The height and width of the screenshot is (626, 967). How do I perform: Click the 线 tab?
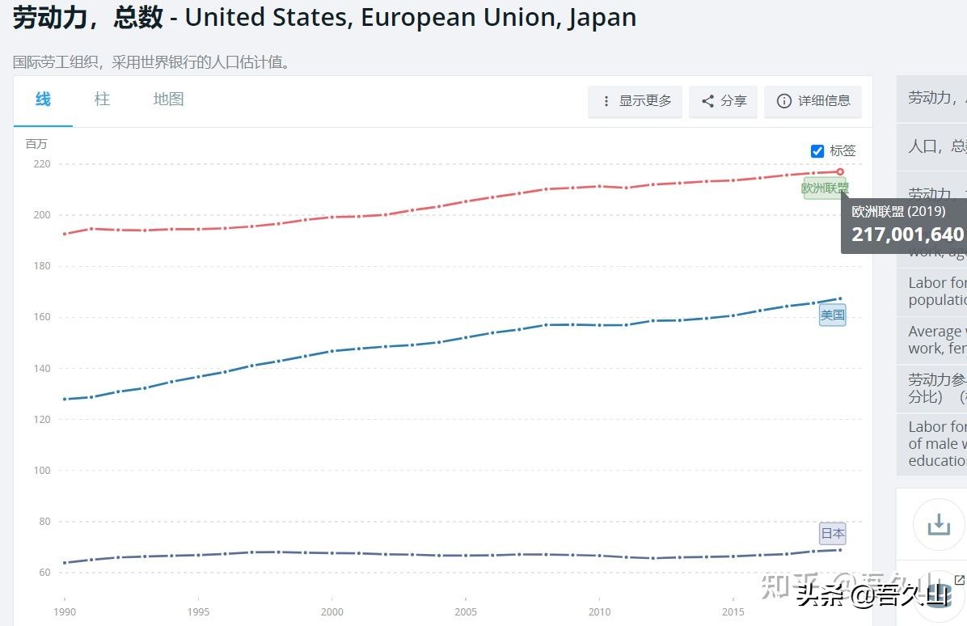tap(43, 99)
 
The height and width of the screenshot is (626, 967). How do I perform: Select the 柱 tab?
tap(102, 99)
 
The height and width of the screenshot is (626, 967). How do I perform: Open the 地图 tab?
tap(169, 99)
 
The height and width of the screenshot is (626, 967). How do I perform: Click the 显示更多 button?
tap(636, 101)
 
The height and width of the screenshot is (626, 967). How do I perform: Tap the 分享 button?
tap(724, 101)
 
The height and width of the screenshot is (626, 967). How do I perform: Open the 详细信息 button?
tap(813, 101)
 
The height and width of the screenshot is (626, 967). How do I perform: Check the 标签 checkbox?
tap(817, 151)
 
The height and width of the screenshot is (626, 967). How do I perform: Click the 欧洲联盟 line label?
tap(825, 188)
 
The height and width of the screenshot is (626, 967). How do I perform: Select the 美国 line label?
tap(833, 315)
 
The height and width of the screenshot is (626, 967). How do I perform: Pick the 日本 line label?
tap(833, 534)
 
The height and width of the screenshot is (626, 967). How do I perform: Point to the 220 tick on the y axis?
tap(41, 164)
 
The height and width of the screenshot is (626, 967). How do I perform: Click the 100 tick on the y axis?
tap(41, 471)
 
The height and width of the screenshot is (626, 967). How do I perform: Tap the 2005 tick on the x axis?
tap(466, 611)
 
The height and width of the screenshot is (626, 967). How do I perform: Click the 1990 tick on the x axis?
tap(65, 611)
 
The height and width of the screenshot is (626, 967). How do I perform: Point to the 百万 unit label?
tap(36, 144)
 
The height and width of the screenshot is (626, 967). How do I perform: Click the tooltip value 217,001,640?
tap(907, 235)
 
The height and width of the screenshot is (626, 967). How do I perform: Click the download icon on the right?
tap(939, 525)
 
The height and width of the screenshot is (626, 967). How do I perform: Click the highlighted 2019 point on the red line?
tap(840, 171)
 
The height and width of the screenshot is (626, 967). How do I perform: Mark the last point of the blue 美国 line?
tap(840, 298)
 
